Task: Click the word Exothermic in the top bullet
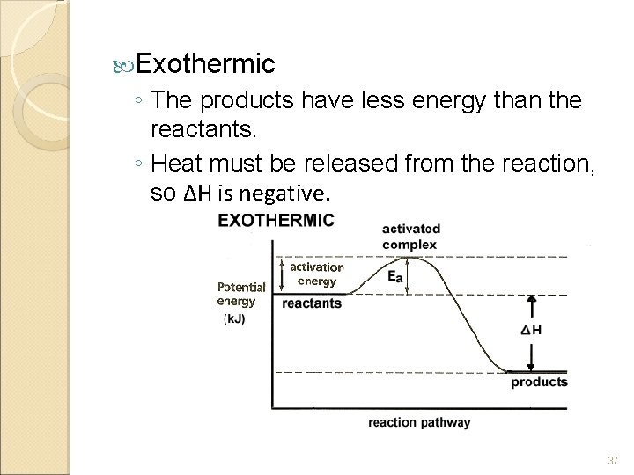point(206,63)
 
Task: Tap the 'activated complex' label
point(411,235)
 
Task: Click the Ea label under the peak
point(395,276)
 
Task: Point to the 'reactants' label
point(311,303)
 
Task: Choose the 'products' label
point(539,383)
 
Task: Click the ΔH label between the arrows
point(531,331)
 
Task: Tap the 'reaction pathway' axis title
point(419,422)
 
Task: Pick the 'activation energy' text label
point(317,274)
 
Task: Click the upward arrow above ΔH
point(531,308)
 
